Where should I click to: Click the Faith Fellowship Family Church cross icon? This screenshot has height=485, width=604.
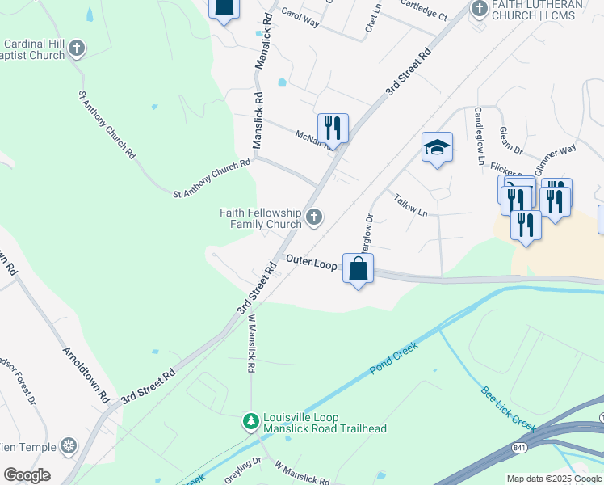(314, 217)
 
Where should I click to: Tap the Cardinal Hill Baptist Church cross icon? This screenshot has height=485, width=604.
(77, 48)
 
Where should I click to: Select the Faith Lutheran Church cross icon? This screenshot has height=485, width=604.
(479, 8)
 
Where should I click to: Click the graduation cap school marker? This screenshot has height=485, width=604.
(437, 147)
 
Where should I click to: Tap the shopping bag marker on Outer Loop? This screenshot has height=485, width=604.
(359, 268)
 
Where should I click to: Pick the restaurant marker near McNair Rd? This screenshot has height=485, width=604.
(333, 128)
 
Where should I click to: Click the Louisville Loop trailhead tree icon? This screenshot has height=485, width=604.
(250, 421)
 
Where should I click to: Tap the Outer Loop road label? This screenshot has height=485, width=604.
(311, 263)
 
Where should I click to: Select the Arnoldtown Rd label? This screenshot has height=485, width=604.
(86, 375)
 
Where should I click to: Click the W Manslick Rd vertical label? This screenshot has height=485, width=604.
(250, 344)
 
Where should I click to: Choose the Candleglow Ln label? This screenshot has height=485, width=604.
(479, 137)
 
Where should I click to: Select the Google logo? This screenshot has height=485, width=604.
(27, 475)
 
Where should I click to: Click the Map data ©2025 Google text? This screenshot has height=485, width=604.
(553, 479)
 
